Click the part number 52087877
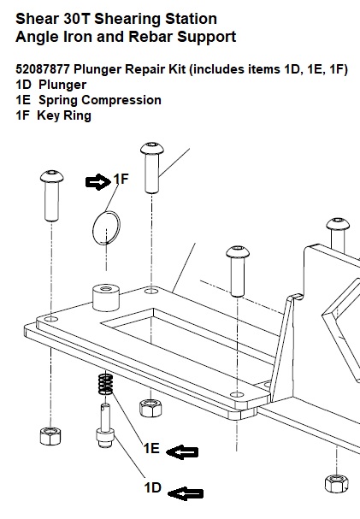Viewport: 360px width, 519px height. click(x=43, y=69)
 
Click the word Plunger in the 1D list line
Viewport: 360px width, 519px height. click(x=62, y=85)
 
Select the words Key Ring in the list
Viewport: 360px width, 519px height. click(x=64, y=115)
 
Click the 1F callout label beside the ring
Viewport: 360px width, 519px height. click(x=121, y=179)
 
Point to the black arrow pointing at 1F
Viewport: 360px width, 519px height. click(x=98, y=182)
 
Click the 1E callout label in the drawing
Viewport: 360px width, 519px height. click(x=151, y=448)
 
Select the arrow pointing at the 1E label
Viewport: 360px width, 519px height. click(x=182, y=452)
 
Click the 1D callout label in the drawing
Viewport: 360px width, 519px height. click(x=152, y=487)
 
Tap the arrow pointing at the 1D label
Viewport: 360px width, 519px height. click(x=186, y=494)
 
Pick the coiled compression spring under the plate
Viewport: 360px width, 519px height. click(x=105, y=383)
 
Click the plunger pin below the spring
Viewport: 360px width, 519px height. click(x=105, y=425)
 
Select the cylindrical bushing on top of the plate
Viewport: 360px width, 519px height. click(x=106, y=297)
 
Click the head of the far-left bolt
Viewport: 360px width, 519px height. click(x=52, y=176)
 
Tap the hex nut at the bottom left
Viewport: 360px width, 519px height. click(x=50, y=436)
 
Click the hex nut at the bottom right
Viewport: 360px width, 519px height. click(x=337, y=484)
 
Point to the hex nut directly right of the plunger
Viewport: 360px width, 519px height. click(x=150, y=408)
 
